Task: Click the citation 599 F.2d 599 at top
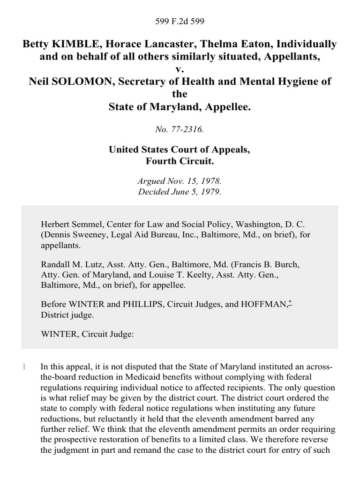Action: (180, 21)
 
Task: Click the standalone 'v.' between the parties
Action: (180, 69)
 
